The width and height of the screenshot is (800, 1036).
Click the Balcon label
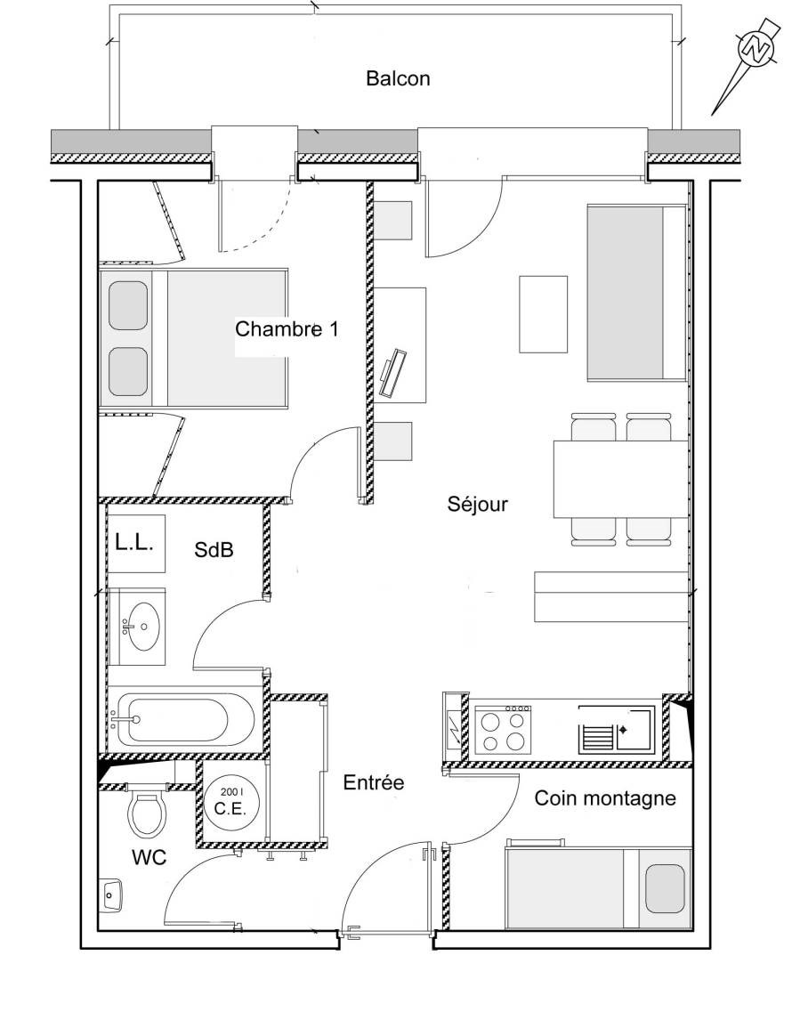click(x=398, y=78)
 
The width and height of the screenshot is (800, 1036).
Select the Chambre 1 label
click(x=287, y=328)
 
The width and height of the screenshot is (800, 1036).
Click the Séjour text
click(x=478, y=504)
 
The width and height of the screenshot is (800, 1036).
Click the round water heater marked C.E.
click(x=230, y=801)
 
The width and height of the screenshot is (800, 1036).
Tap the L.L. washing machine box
click(x=136, y=543)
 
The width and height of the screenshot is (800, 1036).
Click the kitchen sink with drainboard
click(x=617, y=729)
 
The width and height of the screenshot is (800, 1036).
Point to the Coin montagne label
click(x=605, y=798)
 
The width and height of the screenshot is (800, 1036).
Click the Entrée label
click(x=374, y=783)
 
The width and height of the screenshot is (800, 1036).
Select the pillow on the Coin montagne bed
click(x=665, y=888)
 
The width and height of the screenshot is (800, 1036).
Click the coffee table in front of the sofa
click(x=543, y=314)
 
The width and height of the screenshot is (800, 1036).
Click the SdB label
click(x=214, y=549)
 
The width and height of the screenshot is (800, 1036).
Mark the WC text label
click(x=149, y=857)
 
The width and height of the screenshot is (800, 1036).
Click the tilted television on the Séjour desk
click(x=393, y=373)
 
